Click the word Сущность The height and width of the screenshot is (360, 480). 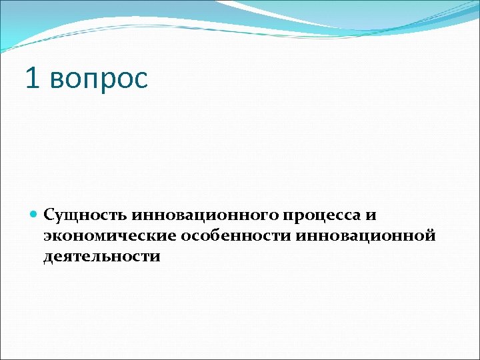pos(85,215)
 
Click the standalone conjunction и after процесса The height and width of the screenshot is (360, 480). pos(371,216)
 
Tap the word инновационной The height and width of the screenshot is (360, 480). pos(361,236)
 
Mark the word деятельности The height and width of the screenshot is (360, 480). pos(102,257)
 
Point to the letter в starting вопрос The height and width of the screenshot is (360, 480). pos(55,81)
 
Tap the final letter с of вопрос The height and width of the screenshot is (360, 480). pos(140,81)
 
